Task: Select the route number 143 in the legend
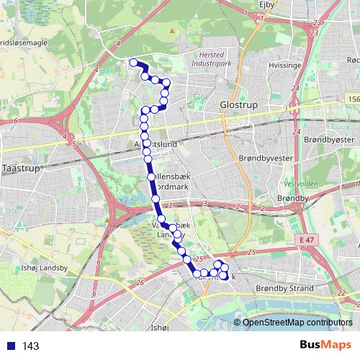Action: tap(30, 346)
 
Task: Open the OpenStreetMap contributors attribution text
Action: tap(297, 323)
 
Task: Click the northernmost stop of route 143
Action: tap(133, 63)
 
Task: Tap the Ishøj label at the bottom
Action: tap(159, 329)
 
